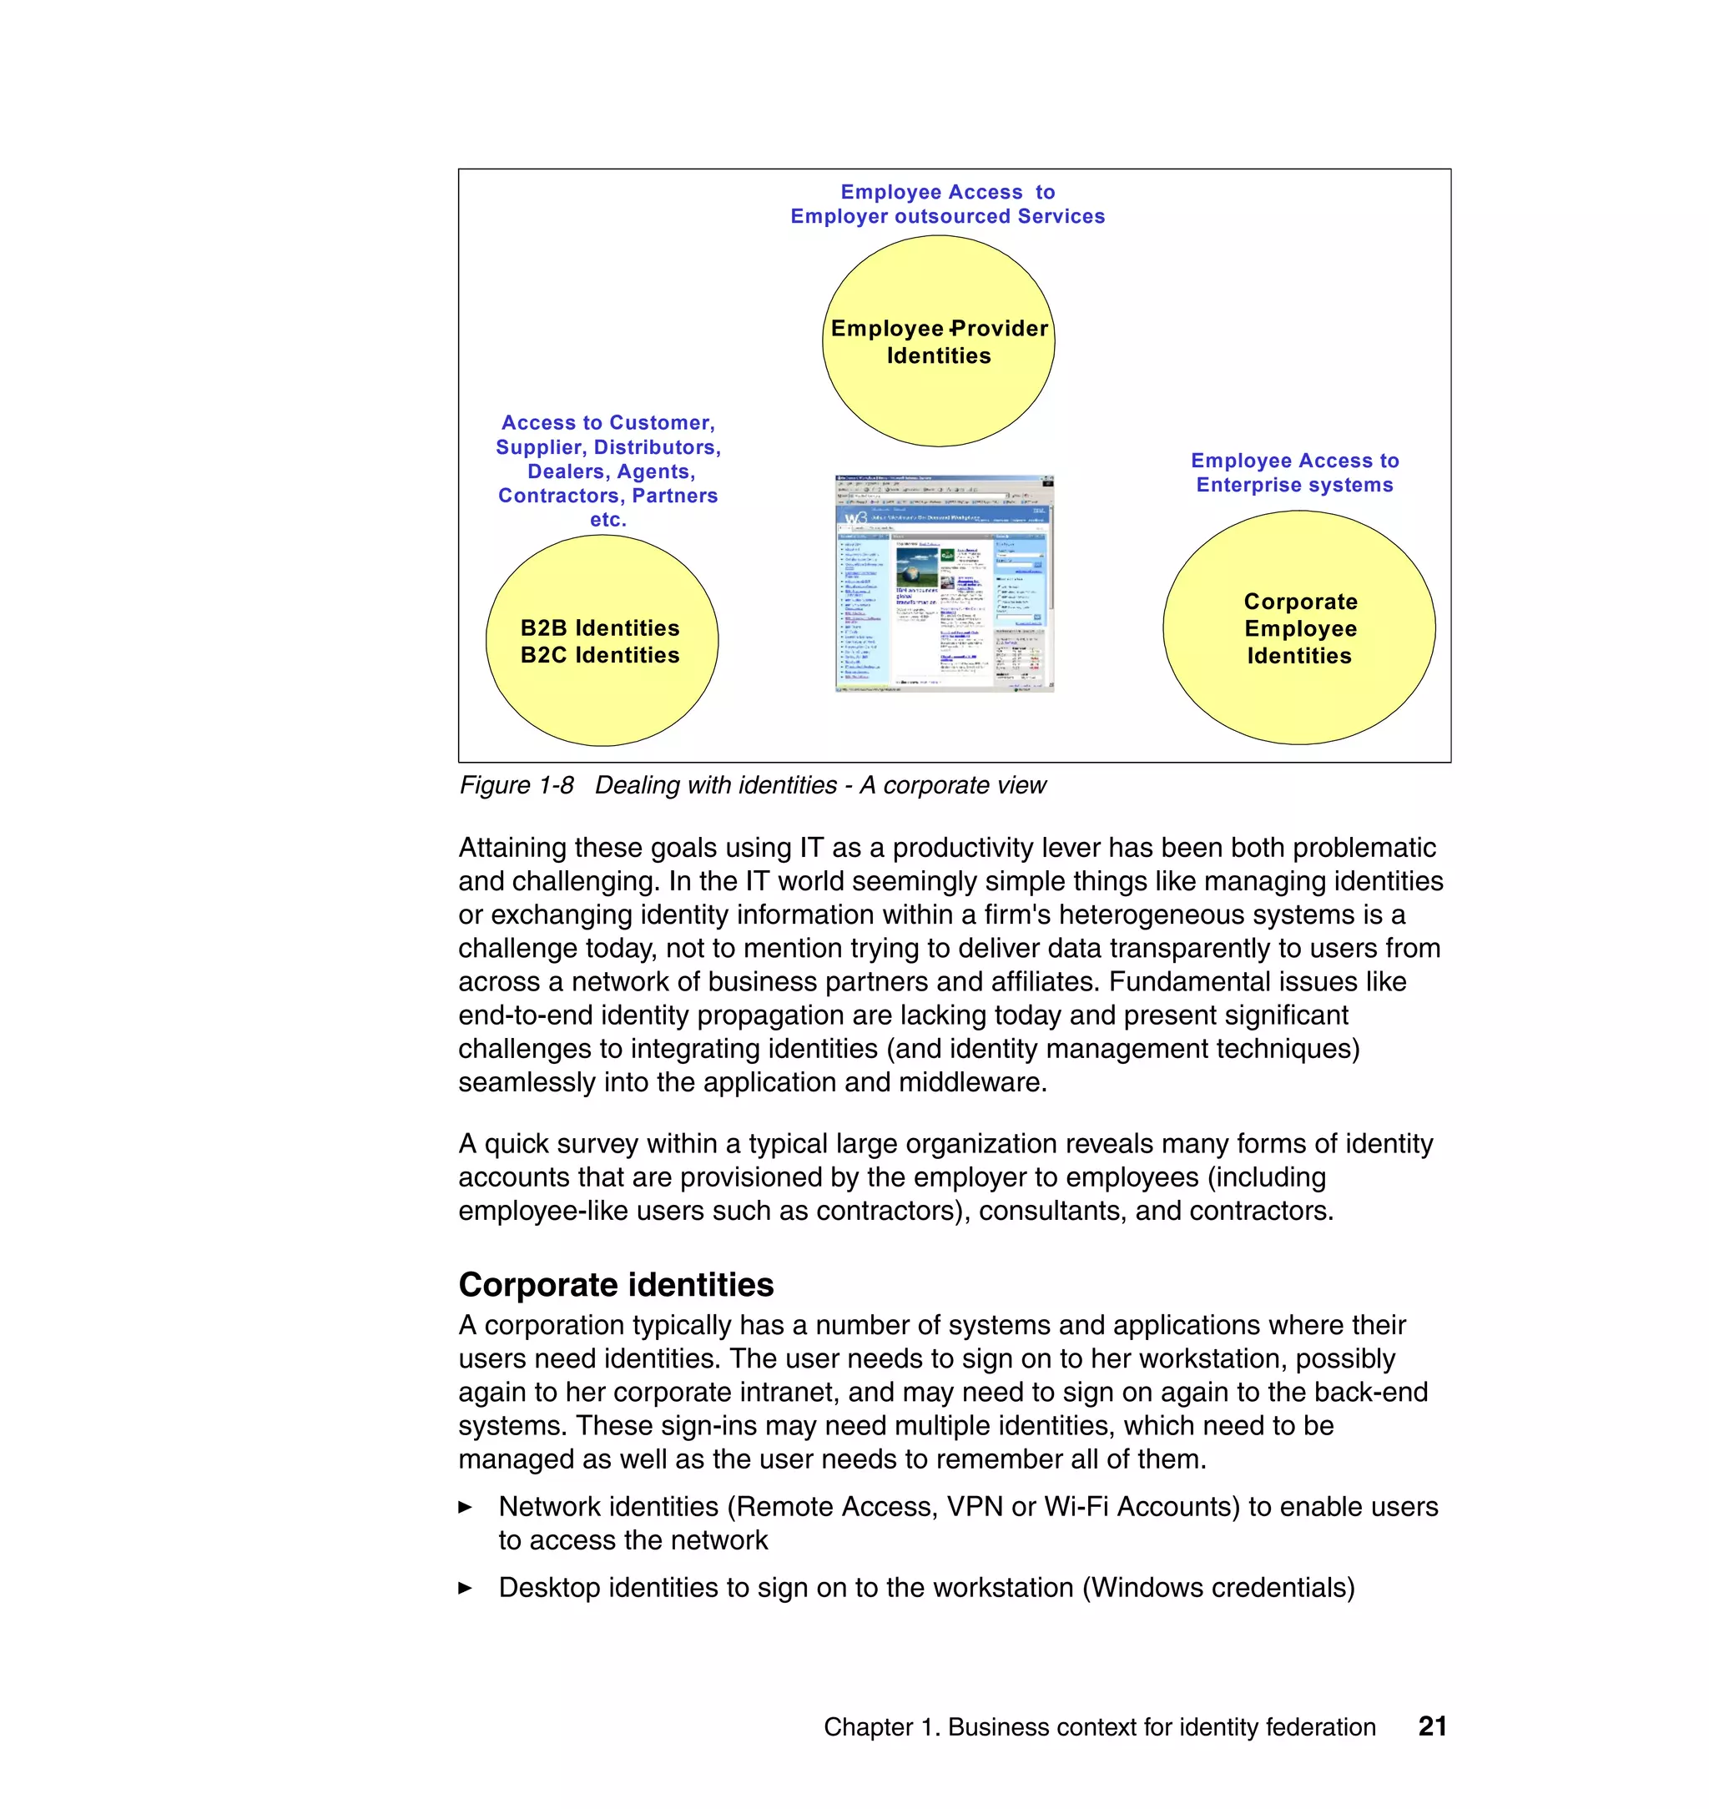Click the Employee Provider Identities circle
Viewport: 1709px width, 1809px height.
coord(938,341)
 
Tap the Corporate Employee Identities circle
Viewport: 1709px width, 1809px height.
coord(1299,627)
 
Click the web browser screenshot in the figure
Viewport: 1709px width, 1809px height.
coord(944,583)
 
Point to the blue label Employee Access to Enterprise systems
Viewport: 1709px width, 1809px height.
coord(1294,473)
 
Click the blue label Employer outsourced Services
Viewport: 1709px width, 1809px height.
coord(947,216)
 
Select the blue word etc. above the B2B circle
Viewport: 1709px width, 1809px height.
coord(607,519)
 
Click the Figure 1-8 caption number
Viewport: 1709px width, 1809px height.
coord(517,785)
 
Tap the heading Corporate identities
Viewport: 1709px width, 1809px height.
coord(616,1284)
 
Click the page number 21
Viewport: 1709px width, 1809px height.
coord(1432,1726)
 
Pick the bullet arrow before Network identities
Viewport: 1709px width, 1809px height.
coord(466,1508)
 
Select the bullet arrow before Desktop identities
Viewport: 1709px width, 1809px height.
coord(466,1589)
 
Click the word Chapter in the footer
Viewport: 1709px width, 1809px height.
coord(867,1727)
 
